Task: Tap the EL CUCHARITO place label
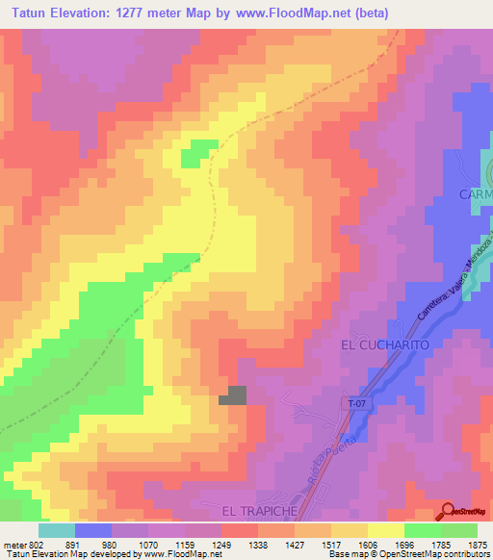(x=383, y=344)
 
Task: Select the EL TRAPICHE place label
(x=255, y=510)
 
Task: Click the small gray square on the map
(x=236, y=395)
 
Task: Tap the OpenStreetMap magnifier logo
(x=449, y=510)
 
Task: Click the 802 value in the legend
(x=30, y=545)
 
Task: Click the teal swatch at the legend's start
(x=57, y=530)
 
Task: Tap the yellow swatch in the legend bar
(x=386, y=530)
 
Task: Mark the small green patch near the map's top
(x=199, y=150)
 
